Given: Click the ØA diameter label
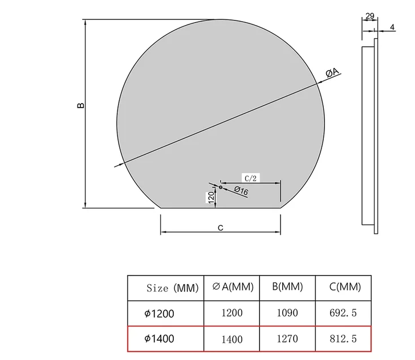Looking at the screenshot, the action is coord(332,72).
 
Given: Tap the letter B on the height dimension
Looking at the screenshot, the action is coord(80,105).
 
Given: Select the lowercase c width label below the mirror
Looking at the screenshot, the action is coord(221,227).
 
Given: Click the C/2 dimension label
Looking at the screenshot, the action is coord(250,178).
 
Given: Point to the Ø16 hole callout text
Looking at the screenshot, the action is coord(241,190).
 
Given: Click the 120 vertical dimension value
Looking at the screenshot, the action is coord(211,198).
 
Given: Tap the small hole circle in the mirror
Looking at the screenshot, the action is coord(221,187).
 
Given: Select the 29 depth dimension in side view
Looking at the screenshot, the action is coord(370,16).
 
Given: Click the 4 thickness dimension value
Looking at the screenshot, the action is coord(392,27).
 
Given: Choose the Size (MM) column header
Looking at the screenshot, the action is coord(172,288).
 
